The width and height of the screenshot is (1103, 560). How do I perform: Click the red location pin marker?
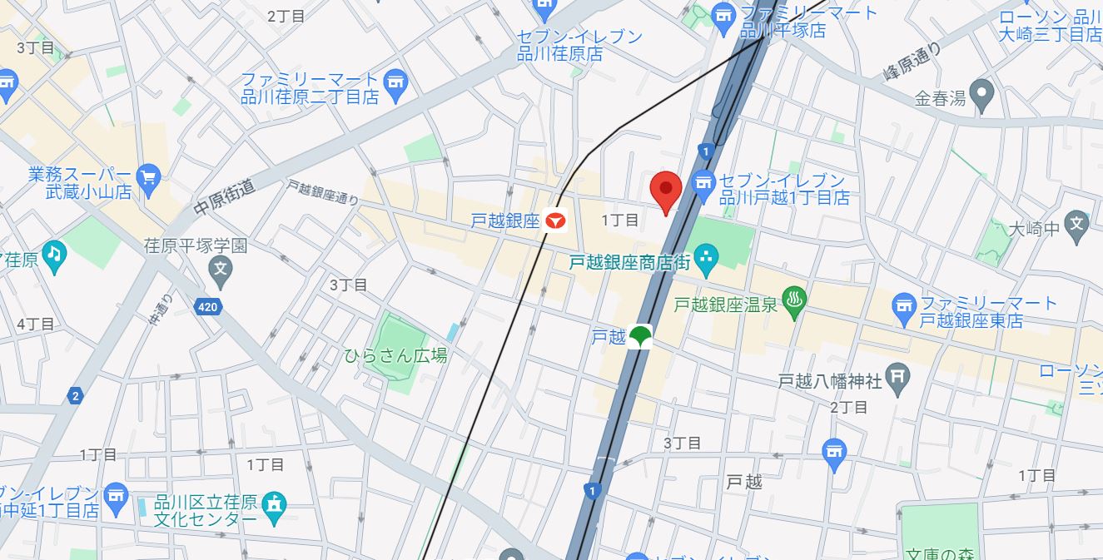click(x=665, y=189)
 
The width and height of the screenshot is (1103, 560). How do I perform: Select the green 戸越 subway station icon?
click(x=640, y=337)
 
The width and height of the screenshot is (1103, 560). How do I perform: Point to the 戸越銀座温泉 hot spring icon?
click(x=794, y=305)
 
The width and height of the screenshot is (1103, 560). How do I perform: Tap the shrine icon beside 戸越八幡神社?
click(x=898, y=381)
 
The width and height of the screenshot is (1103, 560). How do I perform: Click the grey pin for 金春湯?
click(x=983, y=97)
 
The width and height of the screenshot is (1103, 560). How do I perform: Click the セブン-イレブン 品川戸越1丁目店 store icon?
click(x=703, y=187)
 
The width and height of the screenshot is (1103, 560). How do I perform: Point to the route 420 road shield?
click(x=208, y=308)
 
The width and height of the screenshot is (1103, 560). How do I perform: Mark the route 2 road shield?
click(x=76, y=396)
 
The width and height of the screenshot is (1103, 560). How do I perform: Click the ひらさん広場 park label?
click(x=395, y=355)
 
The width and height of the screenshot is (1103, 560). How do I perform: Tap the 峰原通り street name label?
click(x=912, y=62)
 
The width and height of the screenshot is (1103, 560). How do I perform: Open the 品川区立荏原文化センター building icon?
click(x=273, y=504)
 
